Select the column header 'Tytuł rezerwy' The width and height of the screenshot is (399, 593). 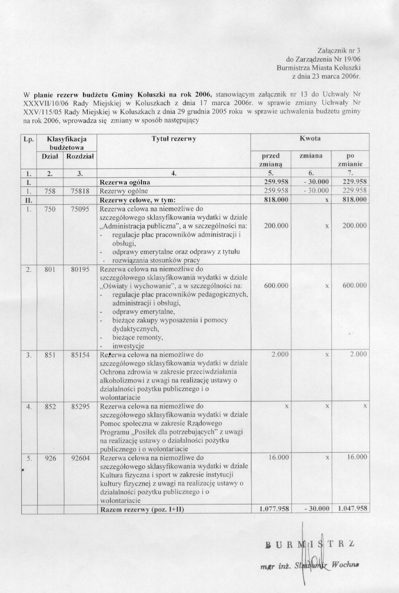coord(174,138)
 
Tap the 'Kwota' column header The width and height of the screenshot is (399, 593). coord(310,138)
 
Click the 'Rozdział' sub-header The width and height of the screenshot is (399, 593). coord(80,156)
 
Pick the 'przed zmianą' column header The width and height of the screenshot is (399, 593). coord(271,160)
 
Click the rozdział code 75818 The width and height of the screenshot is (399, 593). coord(80,191)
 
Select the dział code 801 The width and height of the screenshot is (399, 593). coord(50,269)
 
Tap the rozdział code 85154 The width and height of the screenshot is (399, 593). coord(80,355)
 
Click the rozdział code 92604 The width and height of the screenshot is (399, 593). coord(80,458)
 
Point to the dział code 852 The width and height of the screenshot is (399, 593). coord(50,406)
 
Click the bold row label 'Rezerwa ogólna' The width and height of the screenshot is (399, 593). coord(125,182)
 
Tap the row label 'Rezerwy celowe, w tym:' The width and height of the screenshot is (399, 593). coord(138,199)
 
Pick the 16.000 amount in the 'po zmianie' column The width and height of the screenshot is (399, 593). coord(357,457)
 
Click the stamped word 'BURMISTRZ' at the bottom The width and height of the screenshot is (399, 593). coord(310,544)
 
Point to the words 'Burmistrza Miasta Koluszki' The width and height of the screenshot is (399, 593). coord(318,67)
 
